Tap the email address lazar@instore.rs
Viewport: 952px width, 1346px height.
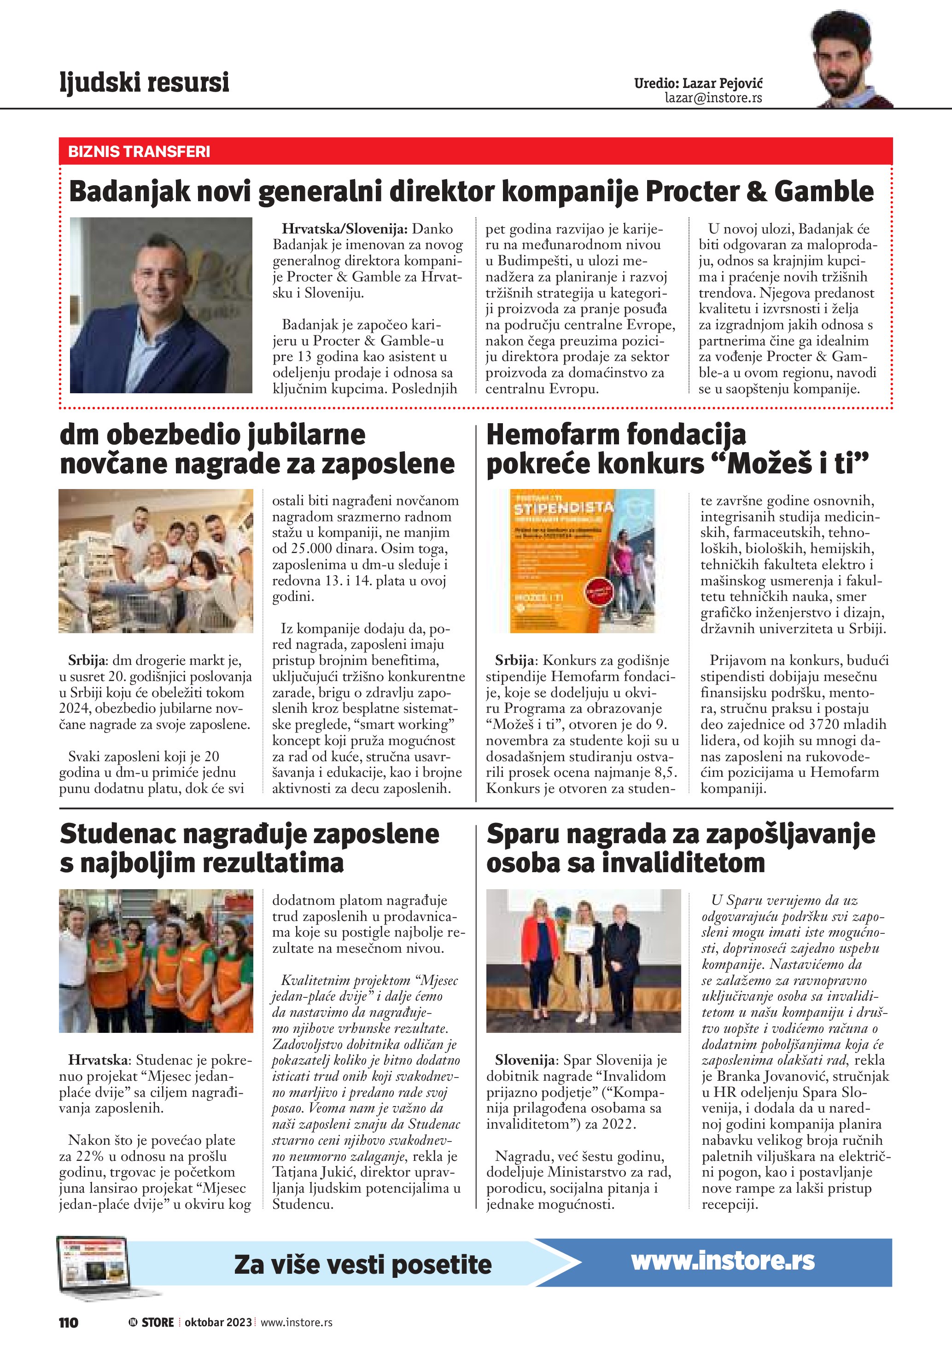713,98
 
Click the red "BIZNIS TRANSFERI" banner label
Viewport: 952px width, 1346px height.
139,152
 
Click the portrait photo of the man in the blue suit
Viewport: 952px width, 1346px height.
161,305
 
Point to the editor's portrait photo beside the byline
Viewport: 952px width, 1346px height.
853,62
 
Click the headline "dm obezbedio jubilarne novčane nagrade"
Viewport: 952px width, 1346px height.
257,449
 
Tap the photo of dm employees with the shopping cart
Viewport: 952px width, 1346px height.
156,560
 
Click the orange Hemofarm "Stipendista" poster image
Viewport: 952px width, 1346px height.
582,560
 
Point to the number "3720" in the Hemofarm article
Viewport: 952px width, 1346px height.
825,725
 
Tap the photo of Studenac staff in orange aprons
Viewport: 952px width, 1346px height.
156,961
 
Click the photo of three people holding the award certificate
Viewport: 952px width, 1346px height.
583,961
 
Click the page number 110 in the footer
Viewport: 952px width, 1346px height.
69,1323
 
